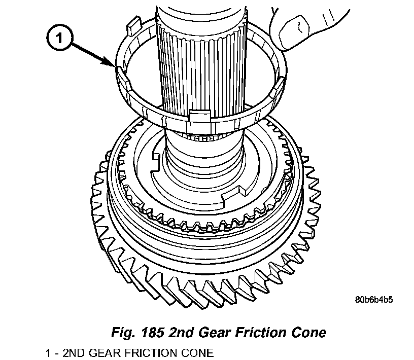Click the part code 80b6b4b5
point(374,299)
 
